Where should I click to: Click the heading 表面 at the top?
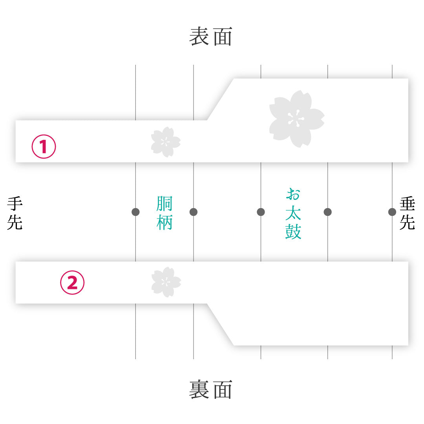211,36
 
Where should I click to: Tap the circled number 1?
44,146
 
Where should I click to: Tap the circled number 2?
72,283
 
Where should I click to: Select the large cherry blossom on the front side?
297,119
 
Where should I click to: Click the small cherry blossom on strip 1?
166,142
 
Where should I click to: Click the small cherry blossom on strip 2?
166,282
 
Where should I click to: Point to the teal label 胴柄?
164,213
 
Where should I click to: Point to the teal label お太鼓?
293,213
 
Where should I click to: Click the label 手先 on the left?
15,213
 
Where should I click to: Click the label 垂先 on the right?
407,213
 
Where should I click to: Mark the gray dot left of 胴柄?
135,212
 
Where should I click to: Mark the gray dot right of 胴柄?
193,212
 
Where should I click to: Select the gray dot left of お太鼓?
261,212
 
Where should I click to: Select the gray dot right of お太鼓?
327,212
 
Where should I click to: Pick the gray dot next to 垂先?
392,212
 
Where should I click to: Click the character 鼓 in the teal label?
293,232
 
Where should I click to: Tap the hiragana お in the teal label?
293,194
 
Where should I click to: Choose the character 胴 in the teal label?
164,204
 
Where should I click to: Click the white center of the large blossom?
296,119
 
